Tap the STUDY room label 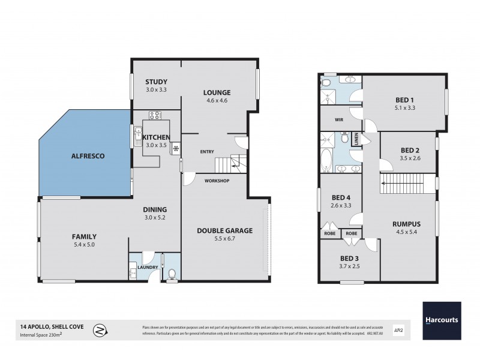point(156,82)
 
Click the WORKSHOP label point(217,181)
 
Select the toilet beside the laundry point(172,274)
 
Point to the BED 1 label point(405,100)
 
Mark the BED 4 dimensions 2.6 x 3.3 point(341,206)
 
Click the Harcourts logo point(441,319)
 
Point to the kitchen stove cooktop point(154,116)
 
